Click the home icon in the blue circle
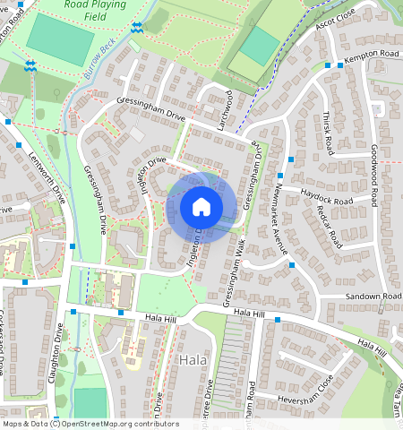[201, 207]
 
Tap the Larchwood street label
[224, 110]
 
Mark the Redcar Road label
[330, 228]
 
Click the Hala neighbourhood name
[193, 360]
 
